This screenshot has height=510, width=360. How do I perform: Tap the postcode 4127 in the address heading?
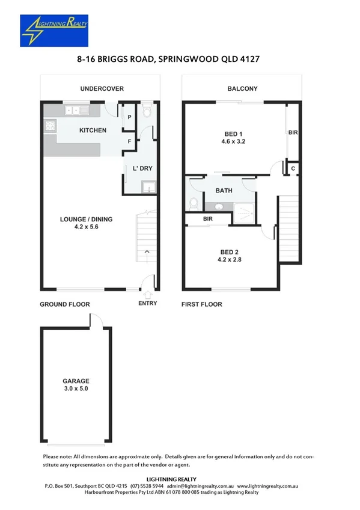[248, 60]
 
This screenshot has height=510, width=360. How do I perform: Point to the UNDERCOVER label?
[102, 89]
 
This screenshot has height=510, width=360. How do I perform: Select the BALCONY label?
[242, 89]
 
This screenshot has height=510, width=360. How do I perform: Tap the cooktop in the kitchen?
[49, 126]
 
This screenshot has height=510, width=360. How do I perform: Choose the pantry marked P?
[129, 116]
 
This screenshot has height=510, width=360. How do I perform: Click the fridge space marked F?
[129, 141]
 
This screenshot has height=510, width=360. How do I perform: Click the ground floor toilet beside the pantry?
[147, 111]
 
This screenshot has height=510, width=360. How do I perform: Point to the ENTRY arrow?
[148, 294]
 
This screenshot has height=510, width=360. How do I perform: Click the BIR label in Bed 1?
[293, 132]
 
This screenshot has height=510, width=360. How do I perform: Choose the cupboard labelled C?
[293, 168]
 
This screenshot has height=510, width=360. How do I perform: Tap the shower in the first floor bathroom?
[245, 210]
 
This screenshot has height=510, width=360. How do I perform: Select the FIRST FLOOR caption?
[202, 304]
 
